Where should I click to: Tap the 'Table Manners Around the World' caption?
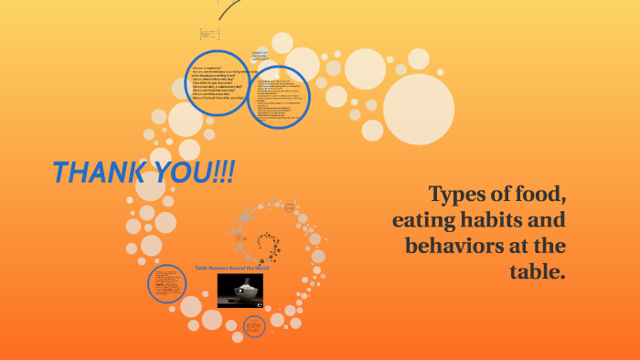tap(231, 269)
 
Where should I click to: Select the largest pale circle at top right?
tap(418, 110)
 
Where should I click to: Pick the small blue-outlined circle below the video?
tap(254, 325)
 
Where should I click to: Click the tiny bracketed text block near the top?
tap(209, 35)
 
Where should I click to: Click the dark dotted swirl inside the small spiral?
tap(269, 245)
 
